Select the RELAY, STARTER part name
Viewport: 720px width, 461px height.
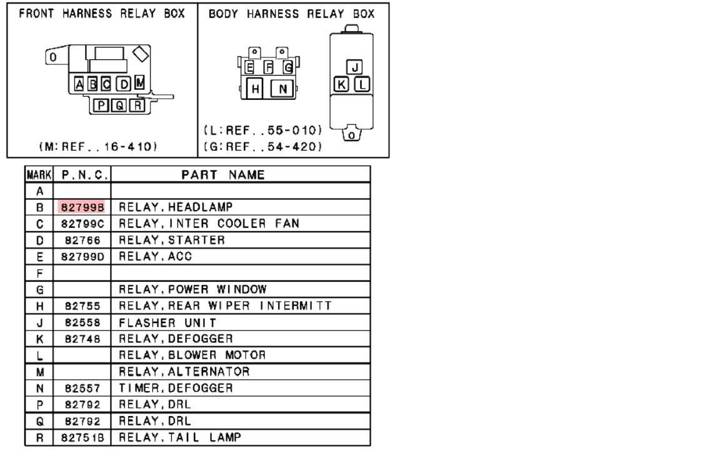tap(171, 240)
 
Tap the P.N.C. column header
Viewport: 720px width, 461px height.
tap(82, 175)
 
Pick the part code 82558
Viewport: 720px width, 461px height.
tap(82, 322)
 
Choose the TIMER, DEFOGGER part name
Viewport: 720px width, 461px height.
tap(176, 388)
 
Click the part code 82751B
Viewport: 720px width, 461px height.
tap(82, 437)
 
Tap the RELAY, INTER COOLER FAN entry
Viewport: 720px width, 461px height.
tap(209, 224)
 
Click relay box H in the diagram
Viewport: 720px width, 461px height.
tap(255, 89)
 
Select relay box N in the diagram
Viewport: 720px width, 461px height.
tap(282, 89)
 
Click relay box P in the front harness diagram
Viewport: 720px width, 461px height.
tap(101, 106)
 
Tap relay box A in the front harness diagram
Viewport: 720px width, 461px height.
tap(80, 84)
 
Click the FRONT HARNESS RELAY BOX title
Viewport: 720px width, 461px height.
tap(101, 14)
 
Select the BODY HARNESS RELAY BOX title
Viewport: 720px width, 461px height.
tap(291, 14)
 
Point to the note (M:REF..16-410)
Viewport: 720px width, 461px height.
tap(97, 147)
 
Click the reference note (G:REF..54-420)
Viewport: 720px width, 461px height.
tap(263, 147)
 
